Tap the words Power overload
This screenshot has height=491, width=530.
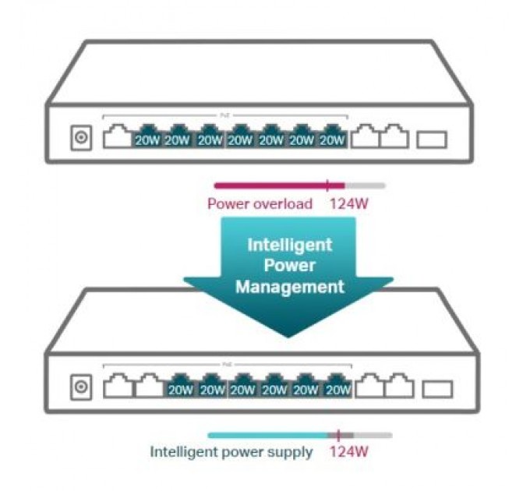260,204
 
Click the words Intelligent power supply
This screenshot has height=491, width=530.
231,451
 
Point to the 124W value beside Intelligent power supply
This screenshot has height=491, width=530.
349,451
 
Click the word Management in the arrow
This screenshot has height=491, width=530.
289,287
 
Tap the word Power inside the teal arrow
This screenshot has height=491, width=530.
289,266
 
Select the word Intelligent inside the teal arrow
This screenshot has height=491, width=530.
289,245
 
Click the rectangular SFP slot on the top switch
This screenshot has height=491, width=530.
432,140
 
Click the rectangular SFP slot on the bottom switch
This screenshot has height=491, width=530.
436,387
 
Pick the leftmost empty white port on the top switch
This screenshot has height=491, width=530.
118,138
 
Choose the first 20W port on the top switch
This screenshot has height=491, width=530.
147,138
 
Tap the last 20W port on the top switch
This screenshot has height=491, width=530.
333,138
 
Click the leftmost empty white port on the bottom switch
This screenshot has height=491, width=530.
117,385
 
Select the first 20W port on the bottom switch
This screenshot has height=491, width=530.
180,386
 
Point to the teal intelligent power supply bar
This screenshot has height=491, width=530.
269,435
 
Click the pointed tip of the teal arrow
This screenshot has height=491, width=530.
288,336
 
